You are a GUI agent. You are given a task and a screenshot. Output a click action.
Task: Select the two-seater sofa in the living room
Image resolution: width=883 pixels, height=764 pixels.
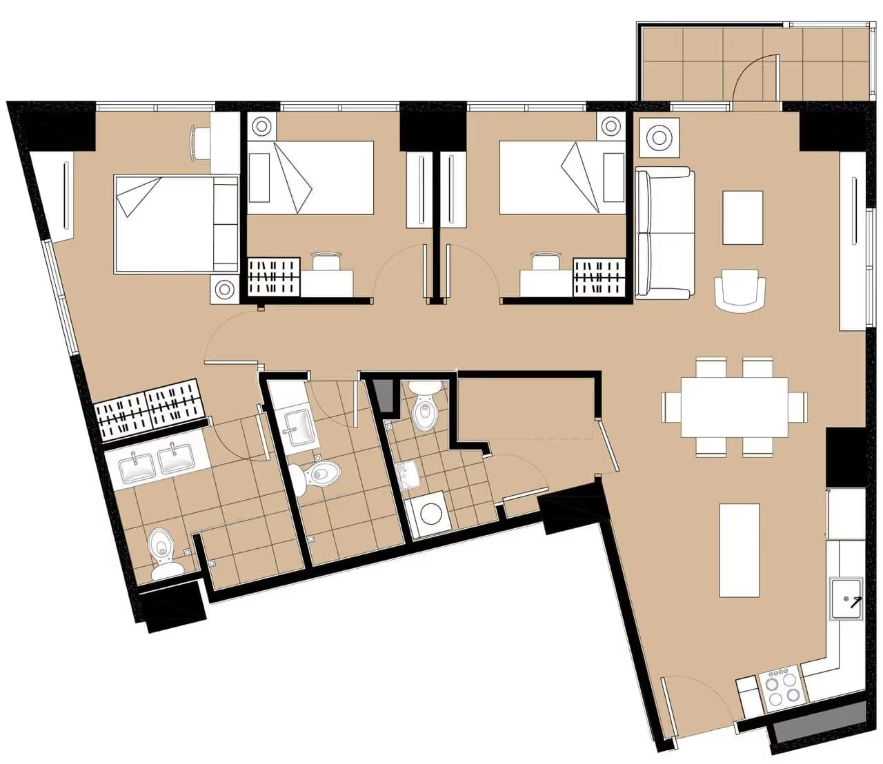click(664, 233)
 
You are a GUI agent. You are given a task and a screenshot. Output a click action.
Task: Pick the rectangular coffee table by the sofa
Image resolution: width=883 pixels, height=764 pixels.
click(742, 217)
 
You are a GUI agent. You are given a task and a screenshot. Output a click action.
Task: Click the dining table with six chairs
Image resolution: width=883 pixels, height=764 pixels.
click(734, 407)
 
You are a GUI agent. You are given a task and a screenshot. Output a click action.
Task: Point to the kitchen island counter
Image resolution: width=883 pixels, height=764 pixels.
click(740, 550)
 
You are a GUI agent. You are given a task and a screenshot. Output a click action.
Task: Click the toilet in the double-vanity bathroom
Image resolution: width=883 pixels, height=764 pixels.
click(162, 552)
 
